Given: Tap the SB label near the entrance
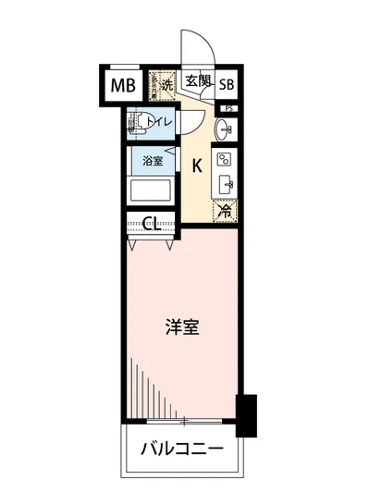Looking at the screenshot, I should point(227,86).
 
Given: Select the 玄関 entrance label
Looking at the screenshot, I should point(196,80).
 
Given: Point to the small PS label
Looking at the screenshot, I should point(227,108).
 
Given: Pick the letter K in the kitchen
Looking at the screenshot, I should point(197,166).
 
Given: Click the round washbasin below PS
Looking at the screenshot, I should point(225,129).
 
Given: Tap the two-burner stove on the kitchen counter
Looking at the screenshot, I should point(226,159).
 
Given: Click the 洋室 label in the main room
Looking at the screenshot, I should point(180,327).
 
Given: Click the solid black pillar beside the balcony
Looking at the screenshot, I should point(245,415).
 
